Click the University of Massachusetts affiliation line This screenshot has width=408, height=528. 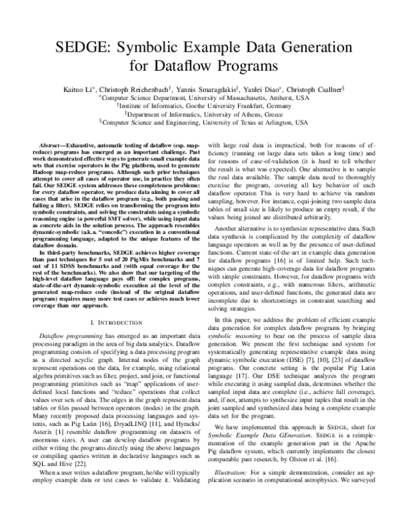click(x=203, y=97)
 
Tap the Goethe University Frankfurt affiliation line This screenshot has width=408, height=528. click(x=203, y=106)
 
